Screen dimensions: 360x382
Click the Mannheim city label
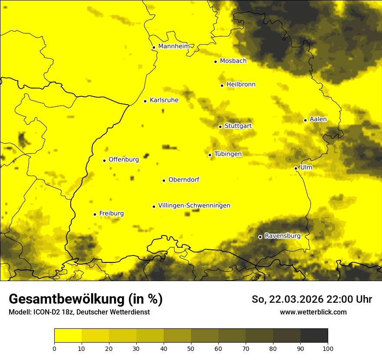174,46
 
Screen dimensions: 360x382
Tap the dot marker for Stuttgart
220,127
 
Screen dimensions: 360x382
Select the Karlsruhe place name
164,100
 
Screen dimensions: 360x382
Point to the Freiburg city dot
95,214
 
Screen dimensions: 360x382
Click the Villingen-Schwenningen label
194,206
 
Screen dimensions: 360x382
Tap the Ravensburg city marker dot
260,237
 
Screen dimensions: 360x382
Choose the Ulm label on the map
306,167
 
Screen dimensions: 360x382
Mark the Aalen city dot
305,120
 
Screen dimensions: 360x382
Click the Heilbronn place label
241,85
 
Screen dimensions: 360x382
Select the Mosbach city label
233,61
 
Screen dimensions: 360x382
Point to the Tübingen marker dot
210,155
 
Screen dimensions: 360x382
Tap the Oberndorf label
184,180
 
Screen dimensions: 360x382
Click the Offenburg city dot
104,160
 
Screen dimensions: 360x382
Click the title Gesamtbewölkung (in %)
86,299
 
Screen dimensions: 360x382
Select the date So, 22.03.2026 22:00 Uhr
312,299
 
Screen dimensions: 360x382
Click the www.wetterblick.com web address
313,312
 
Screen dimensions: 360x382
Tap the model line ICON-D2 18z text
79,312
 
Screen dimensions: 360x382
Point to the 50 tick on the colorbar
191,348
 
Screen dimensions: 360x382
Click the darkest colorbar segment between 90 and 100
314,335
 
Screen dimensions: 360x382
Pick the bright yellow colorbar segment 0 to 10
68,335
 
